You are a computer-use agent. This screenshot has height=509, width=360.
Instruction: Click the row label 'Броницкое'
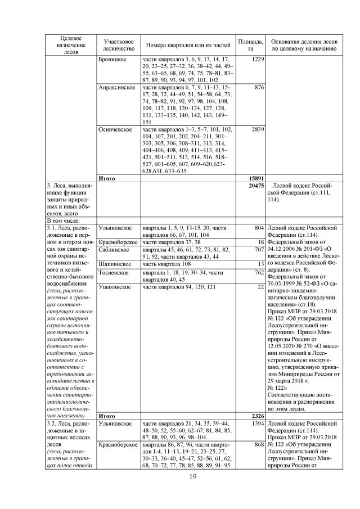coord(113,59)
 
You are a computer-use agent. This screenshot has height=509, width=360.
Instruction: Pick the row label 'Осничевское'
coord(115,129)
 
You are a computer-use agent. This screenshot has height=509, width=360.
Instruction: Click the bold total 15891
coord(256,179)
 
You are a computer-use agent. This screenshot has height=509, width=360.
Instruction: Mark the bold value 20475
coord(256,186)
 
